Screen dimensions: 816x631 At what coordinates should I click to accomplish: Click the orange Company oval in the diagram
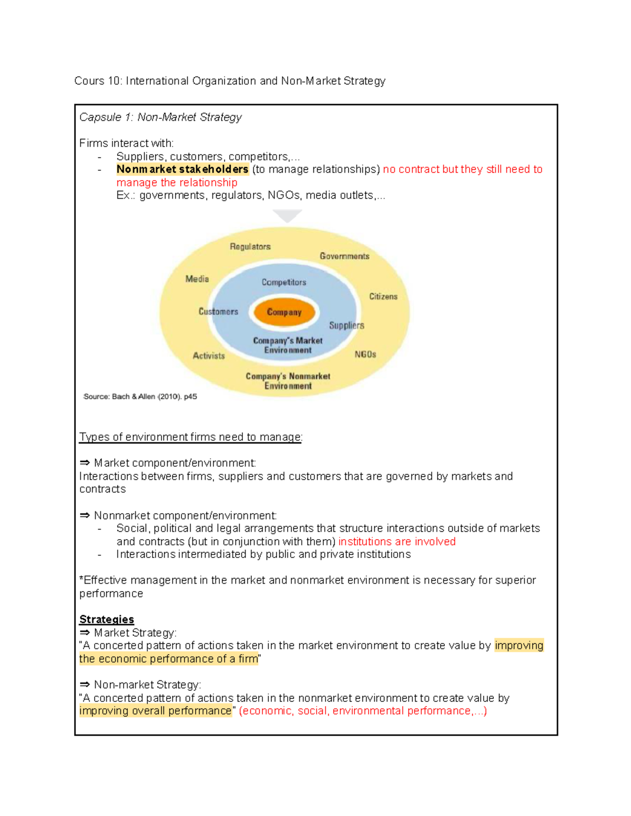pyautogui.click(x=284, y=312)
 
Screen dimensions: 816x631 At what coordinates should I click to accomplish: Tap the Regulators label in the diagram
pyautogui.click(x=250, y=246)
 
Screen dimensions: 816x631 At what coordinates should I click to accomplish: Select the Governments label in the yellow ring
pyautogui.click(x=344, y=256)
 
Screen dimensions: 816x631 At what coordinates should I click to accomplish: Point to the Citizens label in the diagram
pyautogui.click(x=383, y=296)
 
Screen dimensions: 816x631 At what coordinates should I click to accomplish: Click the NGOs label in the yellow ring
pyautogui.click(x=365, y=355)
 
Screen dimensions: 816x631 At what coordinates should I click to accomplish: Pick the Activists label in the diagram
pyautogui.click(x=208, y=356)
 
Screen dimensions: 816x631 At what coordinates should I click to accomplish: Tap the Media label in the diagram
pyautogui.click(x=197, y=279)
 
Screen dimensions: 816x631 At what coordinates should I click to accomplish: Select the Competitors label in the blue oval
pyautogui.click(x=283, y=282)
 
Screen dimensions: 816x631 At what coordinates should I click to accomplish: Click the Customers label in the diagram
pyautogui.click(x=218, y=312)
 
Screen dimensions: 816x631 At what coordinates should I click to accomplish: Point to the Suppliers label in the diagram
pyautogui.click(x=347, y=325)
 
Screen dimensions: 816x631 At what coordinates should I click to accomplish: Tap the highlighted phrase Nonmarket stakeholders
pyautogui.click(x=182, y=169)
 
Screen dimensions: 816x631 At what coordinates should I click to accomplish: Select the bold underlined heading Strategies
pyautogui.click(x=106, y=619)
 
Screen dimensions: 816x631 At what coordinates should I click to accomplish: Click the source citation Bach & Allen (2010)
pyautogui.click(x=140, y=397)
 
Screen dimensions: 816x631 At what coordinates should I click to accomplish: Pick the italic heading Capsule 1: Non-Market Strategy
pyautogui.click(x=160, y=117)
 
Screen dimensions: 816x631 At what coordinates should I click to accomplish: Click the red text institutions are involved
pyautogui.click(x=396, y=542)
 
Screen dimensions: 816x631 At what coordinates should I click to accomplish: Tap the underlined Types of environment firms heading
pyautogui.click(x=190, y=437)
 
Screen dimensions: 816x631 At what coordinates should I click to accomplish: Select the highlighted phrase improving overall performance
pyautogui.click(x=155, y=711)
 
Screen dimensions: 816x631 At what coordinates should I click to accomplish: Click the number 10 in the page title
pyautogui.click(x=114, y=81)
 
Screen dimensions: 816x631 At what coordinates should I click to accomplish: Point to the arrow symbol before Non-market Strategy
pyautogui.click(x=85, y=685)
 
